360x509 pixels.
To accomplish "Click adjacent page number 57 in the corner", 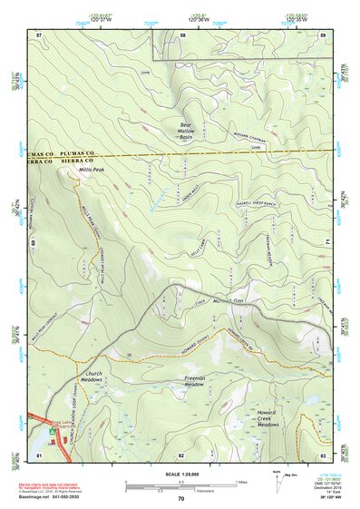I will (39, 34).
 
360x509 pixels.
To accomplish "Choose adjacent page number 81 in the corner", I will (39, 454).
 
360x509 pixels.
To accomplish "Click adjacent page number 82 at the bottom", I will (181, 454).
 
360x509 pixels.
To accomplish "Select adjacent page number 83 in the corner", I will (322, 454).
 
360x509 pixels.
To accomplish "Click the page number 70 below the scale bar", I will (180, 499).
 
